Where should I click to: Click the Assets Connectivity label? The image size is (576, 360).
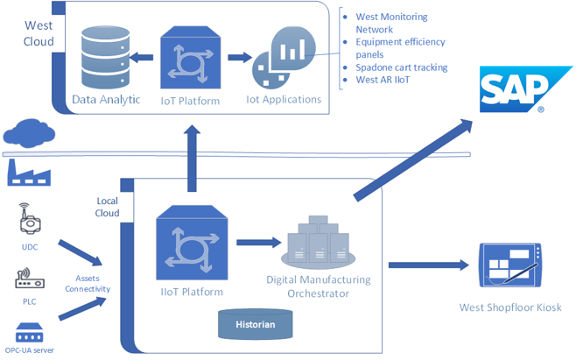point(87,282)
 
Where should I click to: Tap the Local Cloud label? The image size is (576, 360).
point(107,207)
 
